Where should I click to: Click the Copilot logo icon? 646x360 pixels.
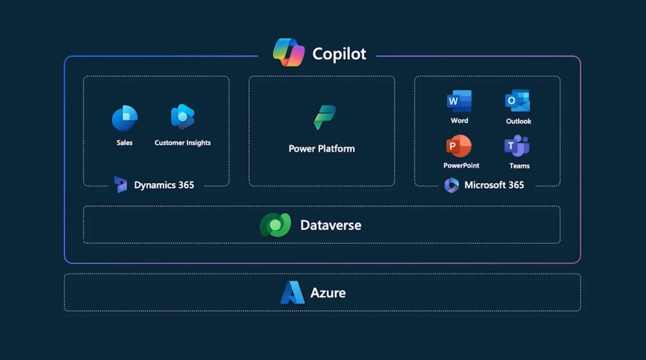[x=289, y=52]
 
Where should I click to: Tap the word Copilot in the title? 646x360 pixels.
[x=339, y=54]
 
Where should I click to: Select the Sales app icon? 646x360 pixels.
[x=124, y=118]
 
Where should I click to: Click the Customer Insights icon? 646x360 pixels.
[x=182, y=117]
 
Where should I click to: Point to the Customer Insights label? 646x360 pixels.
[x=182, y=143]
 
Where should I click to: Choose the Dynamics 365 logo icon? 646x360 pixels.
[x=121, y=184]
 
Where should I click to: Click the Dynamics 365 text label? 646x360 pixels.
[x=164, y=185]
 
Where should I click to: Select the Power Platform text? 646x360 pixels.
[x=321, y=149]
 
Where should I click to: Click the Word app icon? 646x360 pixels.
[x=459, y=101]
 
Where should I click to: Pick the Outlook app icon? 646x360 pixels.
[x=518, y=101]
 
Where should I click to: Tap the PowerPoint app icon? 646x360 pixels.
[x=459, y=147]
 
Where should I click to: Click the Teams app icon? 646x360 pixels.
[x=517, y=146]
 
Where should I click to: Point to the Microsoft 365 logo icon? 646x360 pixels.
[x=452, y=185]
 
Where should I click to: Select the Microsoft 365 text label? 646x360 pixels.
[x=494, y=185]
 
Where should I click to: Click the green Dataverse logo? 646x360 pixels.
[x=275, y=225]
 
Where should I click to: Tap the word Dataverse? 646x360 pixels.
[x=330, y=225]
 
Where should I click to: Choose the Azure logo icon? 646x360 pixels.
[x=292, y=293]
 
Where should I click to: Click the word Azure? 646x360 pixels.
[x=328, y=293]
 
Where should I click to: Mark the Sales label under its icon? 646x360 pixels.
[x=124, y=143]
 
